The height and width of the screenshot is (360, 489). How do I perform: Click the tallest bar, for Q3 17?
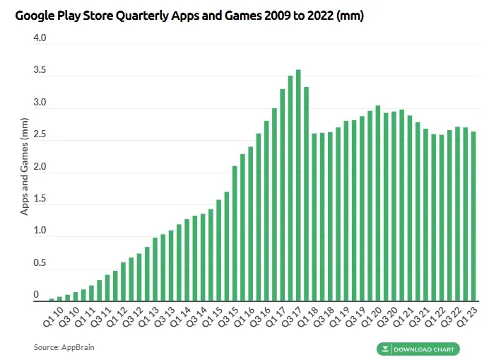coord(298,185)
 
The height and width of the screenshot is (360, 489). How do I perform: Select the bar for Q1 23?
coord(473,216)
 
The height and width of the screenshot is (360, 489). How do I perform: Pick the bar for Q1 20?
coord(378,203)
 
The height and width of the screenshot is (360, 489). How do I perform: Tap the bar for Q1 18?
coord(314,217)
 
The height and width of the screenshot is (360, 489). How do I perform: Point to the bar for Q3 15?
coord(235,233)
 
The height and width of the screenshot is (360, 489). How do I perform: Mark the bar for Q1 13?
coord(155,269)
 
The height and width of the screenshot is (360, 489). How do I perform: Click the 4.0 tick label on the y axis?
coord(40,37)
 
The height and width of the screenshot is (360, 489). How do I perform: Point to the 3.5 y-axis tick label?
coord(40,69)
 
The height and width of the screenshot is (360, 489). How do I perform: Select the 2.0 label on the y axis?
coord(40,166)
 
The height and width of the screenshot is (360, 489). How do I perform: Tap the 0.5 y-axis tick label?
coord(40,262)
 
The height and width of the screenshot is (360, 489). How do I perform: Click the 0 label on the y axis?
coord(36,294)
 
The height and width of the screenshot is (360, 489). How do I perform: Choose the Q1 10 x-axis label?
coord(53,317)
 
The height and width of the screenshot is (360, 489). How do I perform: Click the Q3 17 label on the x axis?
coord(292,317)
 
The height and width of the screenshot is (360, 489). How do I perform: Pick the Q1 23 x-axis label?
coord(467,317)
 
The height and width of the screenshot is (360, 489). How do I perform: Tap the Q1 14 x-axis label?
coord(181,317)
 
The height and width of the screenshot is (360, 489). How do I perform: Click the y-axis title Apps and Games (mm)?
coord(24,166)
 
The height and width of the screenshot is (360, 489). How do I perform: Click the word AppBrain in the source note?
coord(78,347)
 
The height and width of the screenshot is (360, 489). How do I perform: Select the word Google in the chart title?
coord(35,16)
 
